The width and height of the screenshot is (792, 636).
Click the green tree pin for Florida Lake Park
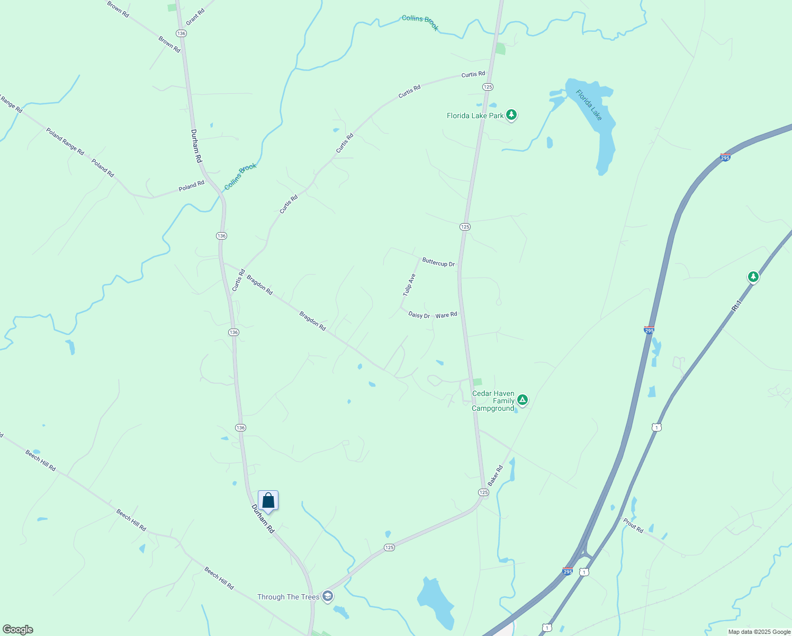tap(511, 114)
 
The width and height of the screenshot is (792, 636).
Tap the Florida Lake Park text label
tap(475, 116)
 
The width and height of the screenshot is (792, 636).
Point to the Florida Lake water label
tap(589, 105)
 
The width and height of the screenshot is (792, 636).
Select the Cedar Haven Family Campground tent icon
tap(523, 400)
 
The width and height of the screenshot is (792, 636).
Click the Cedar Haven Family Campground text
tap(493, 401)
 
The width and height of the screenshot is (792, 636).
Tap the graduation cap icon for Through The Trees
tap(328, 596)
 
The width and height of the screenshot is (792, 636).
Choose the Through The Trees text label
tap(288, 597)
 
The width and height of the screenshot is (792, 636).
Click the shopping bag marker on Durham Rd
tap(268, 500)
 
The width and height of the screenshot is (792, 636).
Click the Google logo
tap(18, 630)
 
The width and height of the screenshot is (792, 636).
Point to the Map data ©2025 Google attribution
tap(759, 632)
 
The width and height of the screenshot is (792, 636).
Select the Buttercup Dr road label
tap(438, 263)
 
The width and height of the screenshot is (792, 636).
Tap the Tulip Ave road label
tap(409, 285)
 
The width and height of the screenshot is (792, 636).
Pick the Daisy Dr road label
tap(419, 315)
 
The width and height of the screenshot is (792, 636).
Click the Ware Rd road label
tap(446, 315)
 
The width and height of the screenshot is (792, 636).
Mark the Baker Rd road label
tap(496, 475)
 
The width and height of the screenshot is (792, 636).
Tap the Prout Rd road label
tap(633, 525)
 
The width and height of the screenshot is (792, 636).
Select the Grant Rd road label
tap(195, 16)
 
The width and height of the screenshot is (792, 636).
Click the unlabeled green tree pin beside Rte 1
tap(753, 277)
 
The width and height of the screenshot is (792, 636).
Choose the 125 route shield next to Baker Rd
tap(483, 492)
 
